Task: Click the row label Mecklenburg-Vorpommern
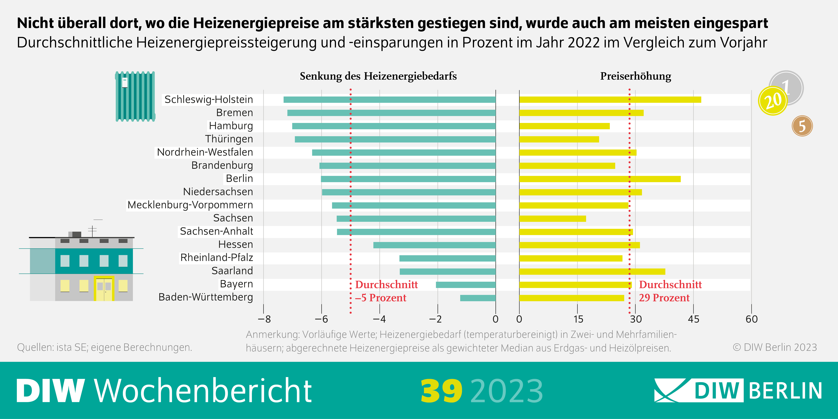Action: (x=190, y=205)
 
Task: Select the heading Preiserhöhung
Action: (x=635, y=76)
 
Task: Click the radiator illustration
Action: (x=135, y=96)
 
